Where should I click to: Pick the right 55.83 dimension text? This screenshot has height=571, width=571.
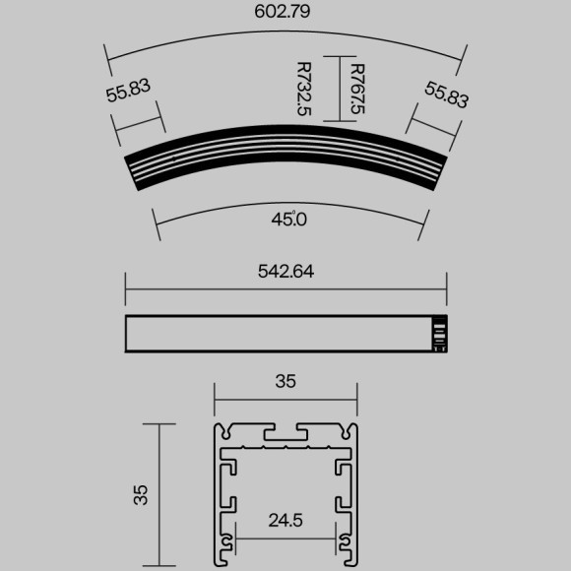tap(447, 95)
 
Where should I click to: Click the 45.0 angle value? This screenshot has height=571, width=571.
tap(289, 220)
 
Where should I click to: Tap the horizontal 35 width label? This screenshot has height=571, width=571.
tap(285, 381)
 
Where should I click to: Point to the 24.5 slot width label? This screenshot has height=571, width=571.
tap(285, 519)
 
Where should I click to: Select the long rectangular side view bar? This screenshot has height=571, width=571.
tap(276, 333)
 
